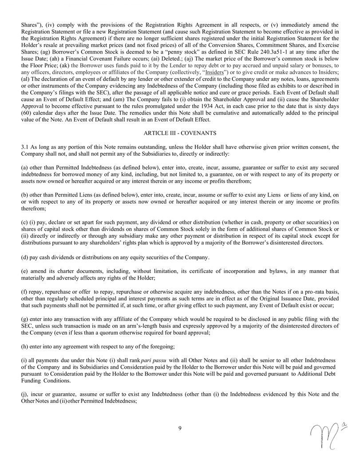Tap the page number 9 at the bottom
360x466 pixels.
coord(180,428)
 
